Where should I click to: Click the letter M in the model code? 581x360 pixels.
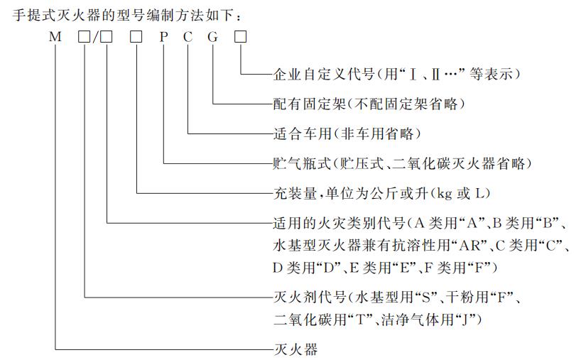pyautogui.click(x=55, y=37)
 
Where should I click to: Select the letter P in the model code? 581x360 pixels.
pyautogui.click(x=163, y=37)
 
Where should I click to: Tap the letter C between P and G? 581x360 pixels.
pyautogui.click(x=188, y=37)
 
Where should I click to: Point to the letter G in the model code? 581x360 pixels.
pyautogui.click(x=212, y=37)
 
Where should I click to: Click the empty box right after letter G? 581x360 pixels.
pyautogui.click(x=241, y=37)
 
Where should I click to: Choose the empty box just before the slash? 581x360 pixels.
pyautogui.click(x=84, y=37)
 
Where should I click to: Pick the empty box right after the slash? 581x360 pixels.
pyautogui.click(x=107, y=37)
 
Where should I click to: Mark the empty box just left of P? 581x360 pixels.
pyautogui.click(x=136, y=37)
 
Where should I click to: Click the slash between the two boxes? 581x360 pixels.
pyautogui.click(x=95, y=37)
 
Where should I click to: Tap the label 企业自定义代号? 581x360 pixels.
pyautogui.click(x=324, y=74)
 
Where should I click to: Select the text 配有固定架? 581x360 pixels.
pyautogui.click(x=310, y=104)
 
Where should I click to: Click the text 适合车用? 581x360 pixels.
pyautogui.click(x=303, y=133)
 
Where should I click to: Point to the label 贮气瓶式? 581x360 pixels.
pyautogui.click(x=303, y=163)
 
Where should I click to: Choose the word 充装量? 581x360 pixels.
pyautogui.click(x=295, y=193)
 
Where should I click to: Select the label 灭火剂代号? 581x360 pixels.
pyautogui.click(x=310, y=297)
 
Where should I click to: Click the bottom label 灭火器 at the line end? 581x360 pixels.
pyautogui.click(x=295, y=349)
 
